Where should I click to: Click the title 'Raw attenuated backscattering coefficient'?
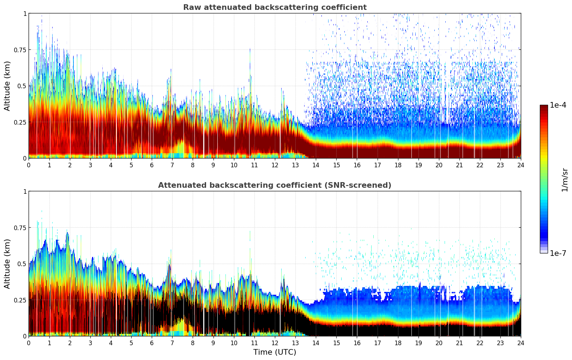point(275,7)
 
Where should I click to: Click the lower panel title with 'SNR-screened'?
point(275,185)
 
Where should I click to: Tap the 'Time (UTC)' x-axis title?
point(275,352)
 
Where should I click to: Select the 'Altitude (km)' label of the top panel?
point(7,86)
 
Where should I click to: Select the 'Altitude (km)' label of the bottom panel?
point(7,264)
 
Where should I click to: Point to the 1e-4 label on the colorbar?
point(558,105)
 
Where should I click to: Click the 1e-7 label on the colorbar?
point(558,253)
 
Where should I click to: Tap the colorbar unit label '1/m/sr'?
point(565,180)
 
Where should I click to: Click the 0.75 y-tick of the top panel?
point(20,50)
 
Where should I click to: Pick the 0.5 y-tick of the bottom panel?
point(22,264)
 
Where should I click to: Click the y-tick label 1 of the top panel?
point(25,13)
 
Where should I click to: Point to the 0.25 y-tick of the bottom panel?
point(20,300)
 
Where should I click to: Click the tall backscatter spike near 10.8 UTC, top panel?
point(250,71)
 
